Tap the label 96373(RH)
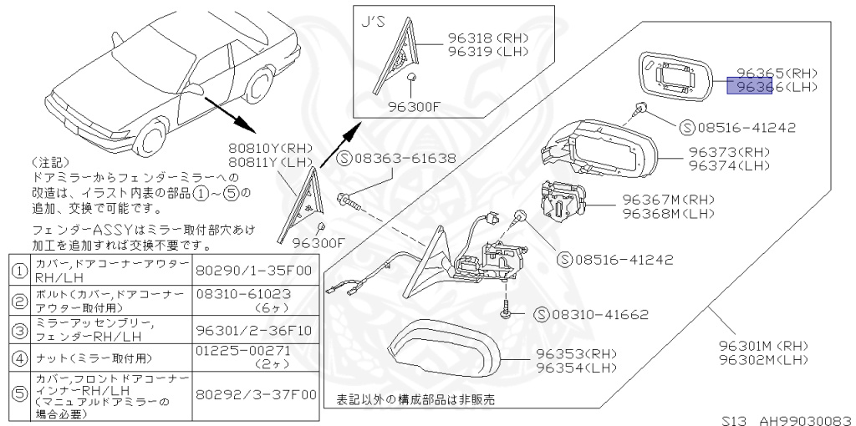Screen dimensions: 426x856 click(729, 153)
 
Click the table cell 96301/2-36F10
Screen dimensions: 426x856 click(253, 330)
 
